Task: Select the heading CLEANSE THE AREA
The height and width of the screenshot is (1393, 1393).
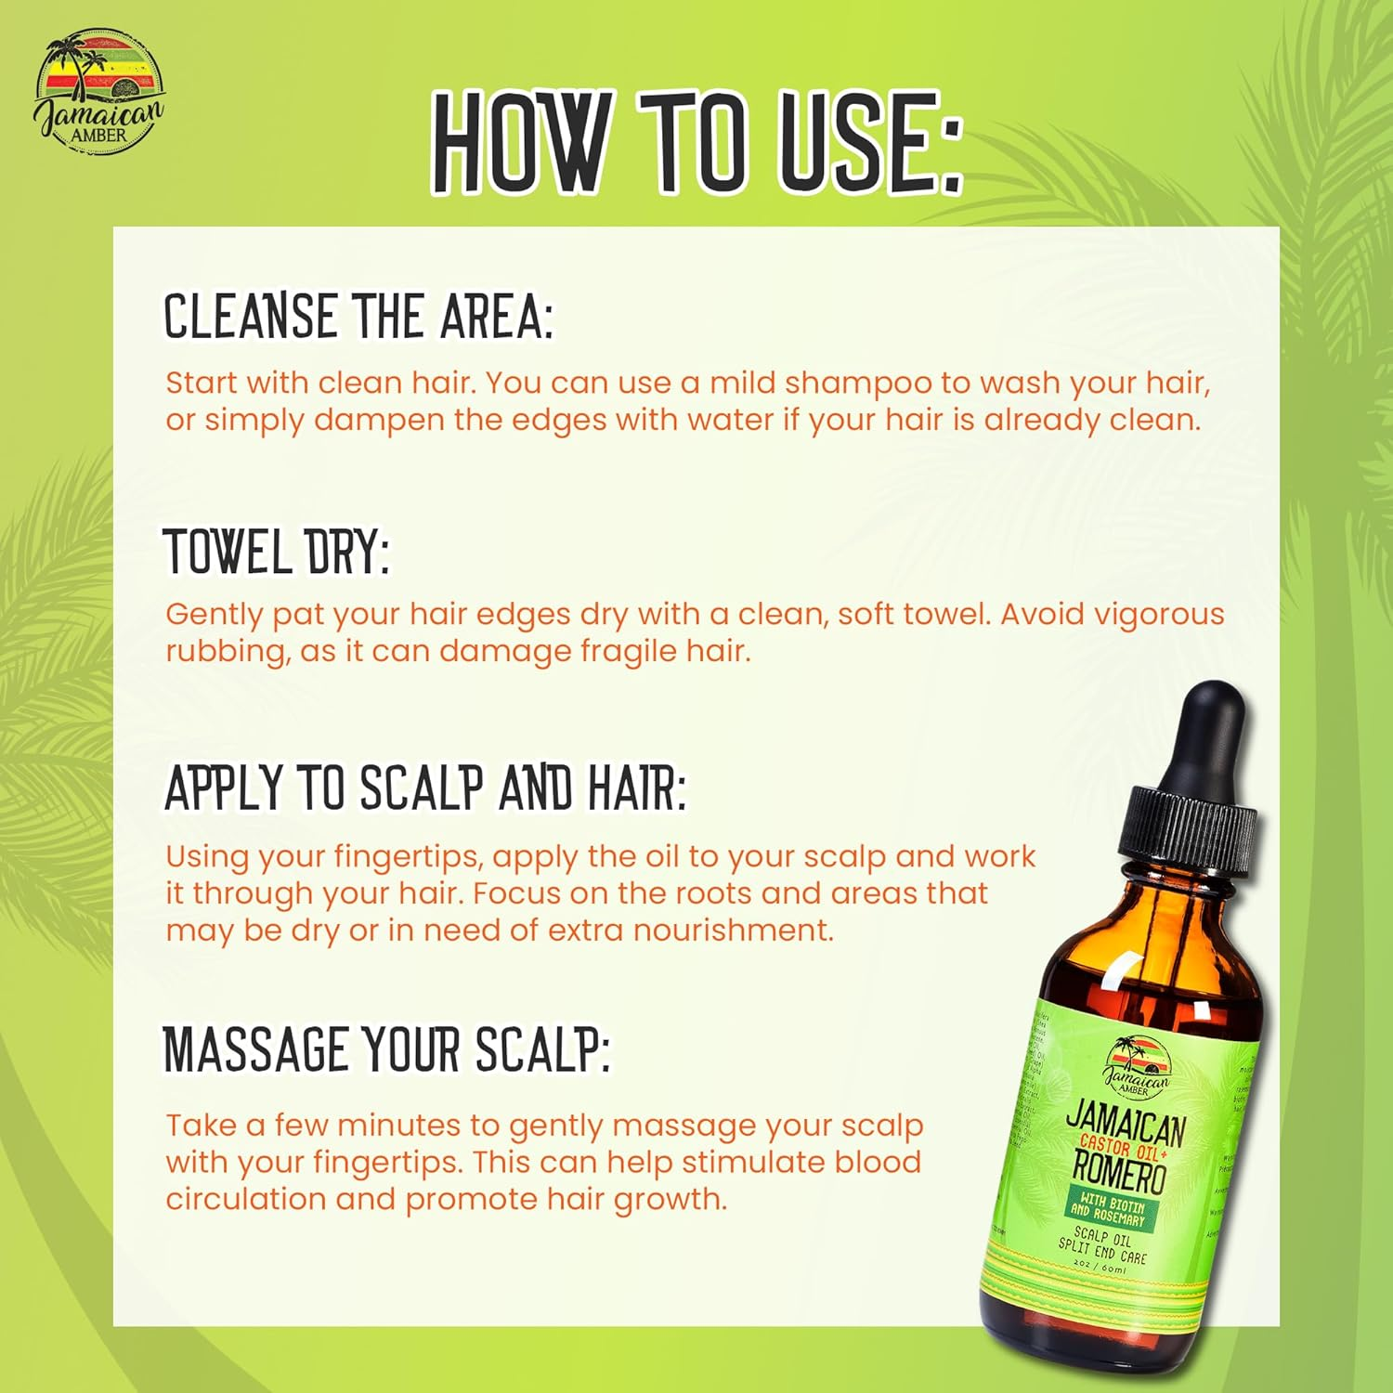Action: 358,317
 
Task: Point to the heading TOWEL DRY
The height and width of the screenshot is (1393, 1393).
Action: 276,551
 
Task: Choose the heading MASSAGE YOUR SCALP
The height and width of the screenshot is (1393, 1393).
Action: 386,1050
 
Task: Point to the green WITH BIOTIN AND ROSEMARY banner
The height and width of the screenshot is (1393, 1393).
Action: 1110,1211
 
